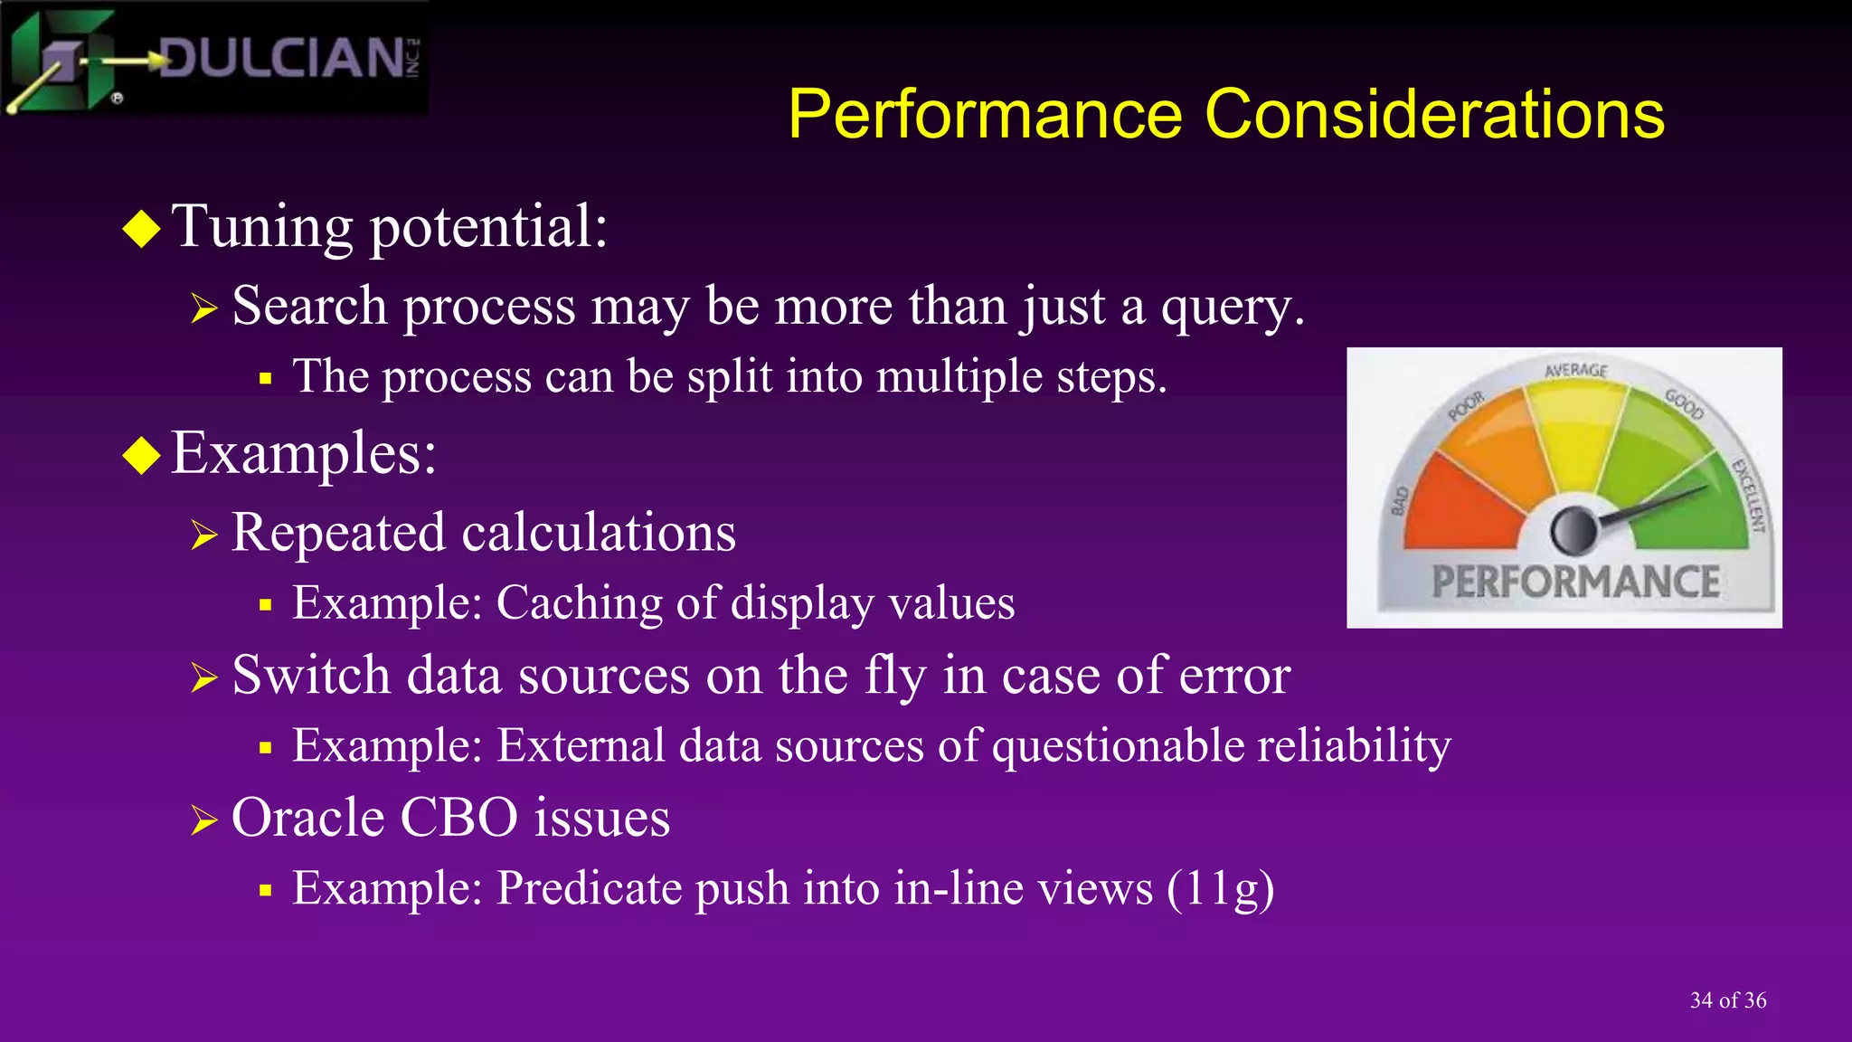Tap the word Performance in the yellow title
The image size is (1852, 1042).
(985, 115)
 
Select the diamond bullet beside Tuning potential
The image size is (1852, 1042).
(142, 228)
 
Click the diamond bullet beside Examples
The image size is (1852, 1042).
(142, 455)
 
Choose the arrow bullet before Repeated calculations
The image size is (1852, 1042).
(204, 535)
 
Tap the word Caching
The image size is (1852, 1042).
(579, 604)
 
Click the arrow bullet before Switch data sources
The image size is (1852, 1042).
(204, 677)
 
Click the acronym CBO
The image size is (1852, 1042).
(458, 819)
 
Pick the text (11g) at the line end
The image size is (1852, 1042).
(1220, 889)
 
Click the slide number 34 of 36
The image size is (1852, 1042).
(1727, 1000)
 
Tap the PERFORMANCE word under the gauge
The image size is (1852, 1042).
(1575, 583)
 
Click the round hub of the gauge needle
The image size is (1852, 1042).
(1574, 531)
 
